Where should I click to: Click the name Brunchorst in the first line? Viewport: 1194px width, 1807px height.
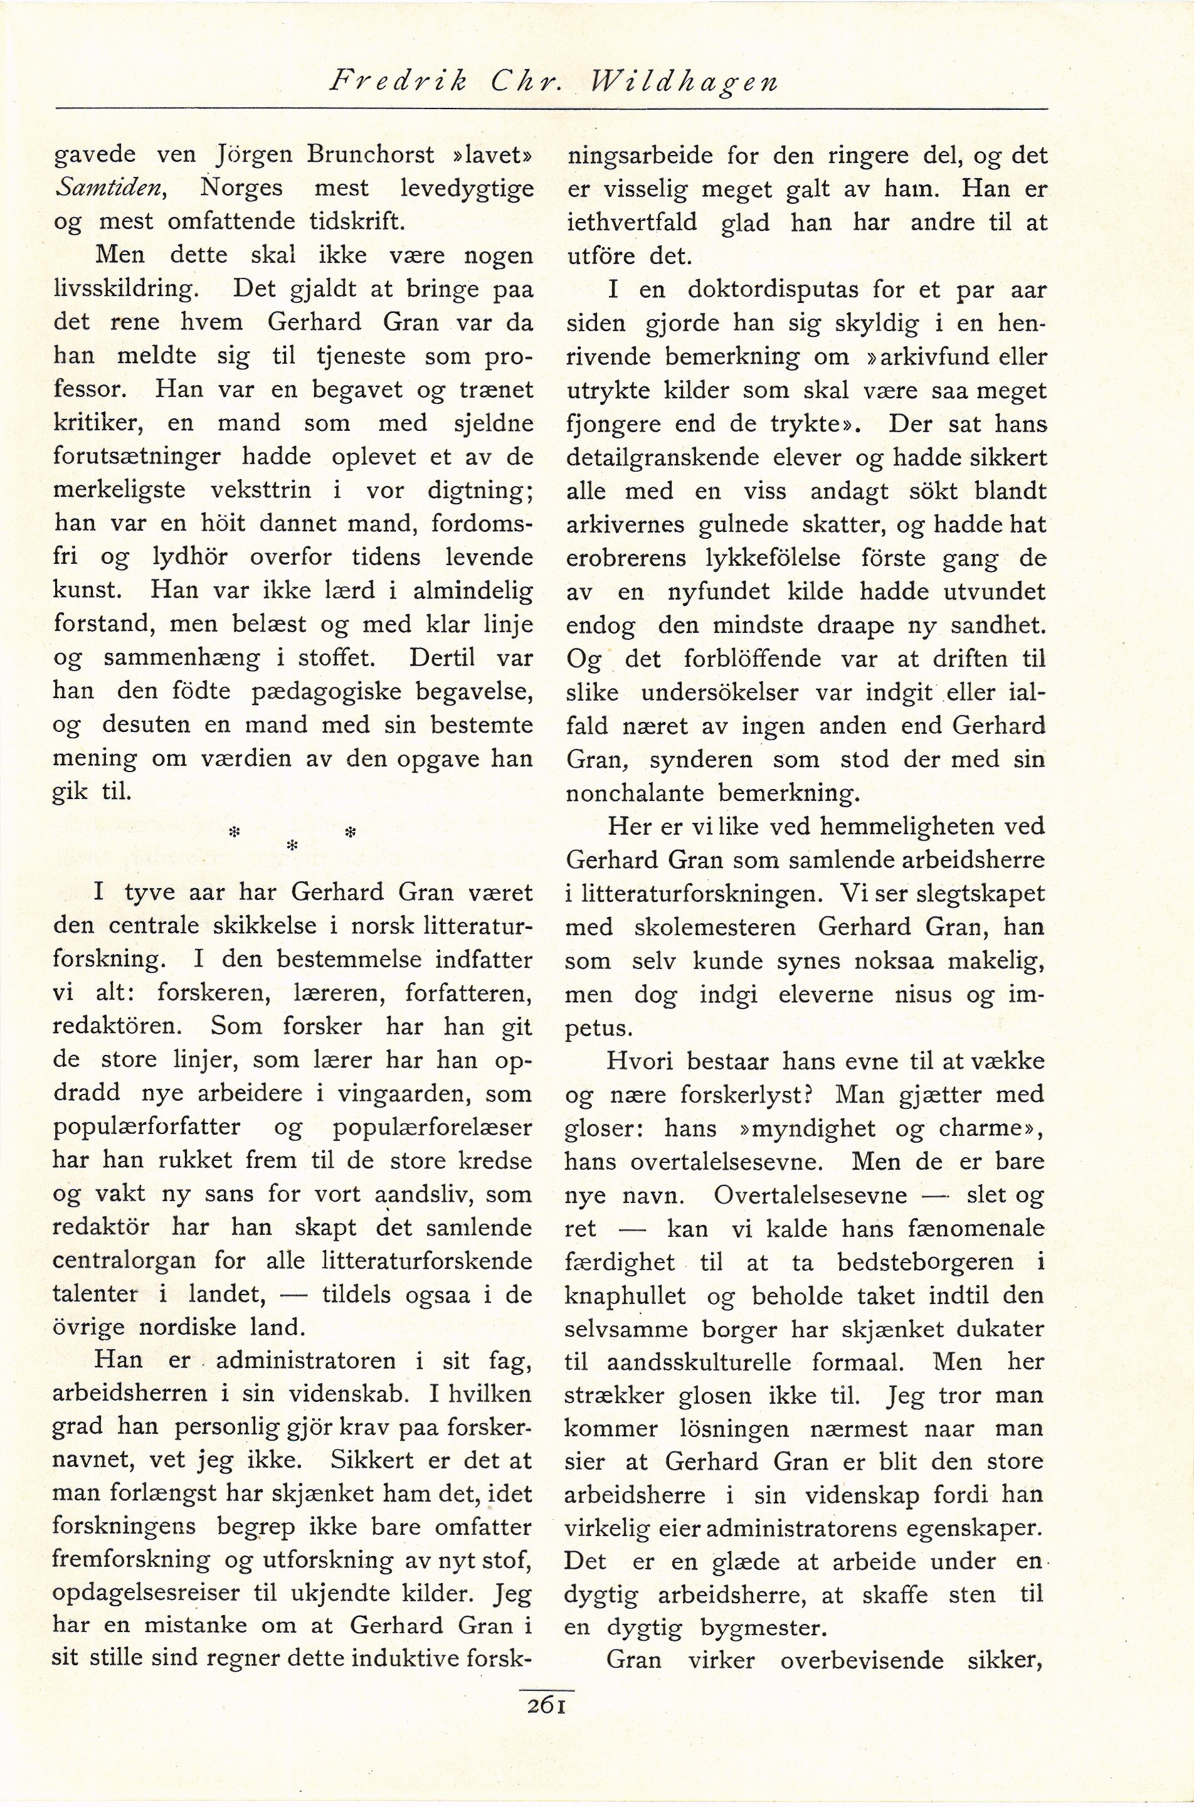pos(371,154)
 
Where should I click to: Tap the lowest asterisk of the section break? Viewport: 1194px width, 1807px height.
pos(290,847)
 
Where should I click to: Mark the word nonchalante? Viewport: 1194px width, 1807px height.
pos(633,793)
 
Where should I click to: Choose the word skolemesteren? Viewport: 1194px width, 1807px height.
pos(714,927)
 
